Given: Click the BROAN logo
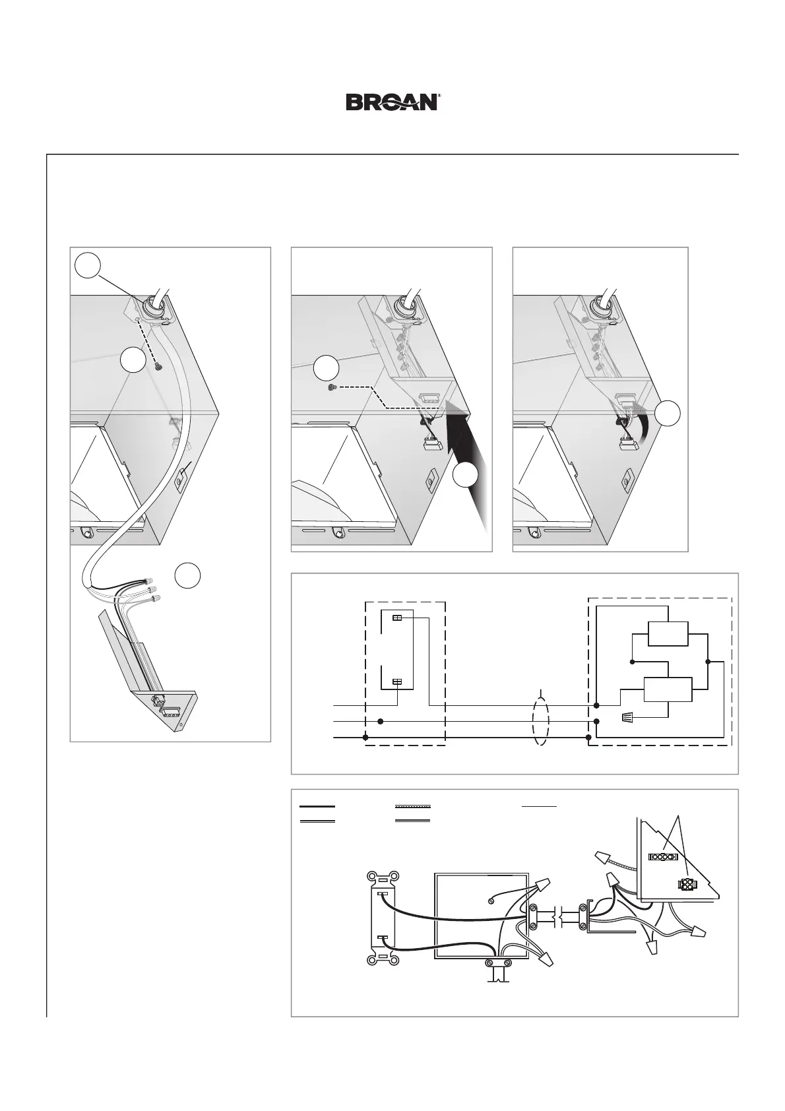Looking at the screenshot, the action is [393, 102].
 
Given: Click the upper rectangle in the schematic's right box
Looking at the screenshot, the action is [668, 634].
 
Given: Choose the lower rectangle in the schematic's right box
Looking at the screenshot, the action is [668, 690].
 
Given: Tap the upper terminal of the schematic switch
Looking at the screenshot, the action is [397, 618].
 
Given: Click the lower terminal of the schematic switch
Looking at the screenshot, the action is [397, 682].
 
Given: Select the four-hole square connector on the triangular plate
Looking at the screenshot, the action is [685, 885].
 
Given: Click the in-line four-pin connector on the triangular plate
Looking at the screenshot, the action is [663, 858].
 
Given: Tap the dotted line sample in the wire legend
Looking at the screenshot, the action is [412, 806].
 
